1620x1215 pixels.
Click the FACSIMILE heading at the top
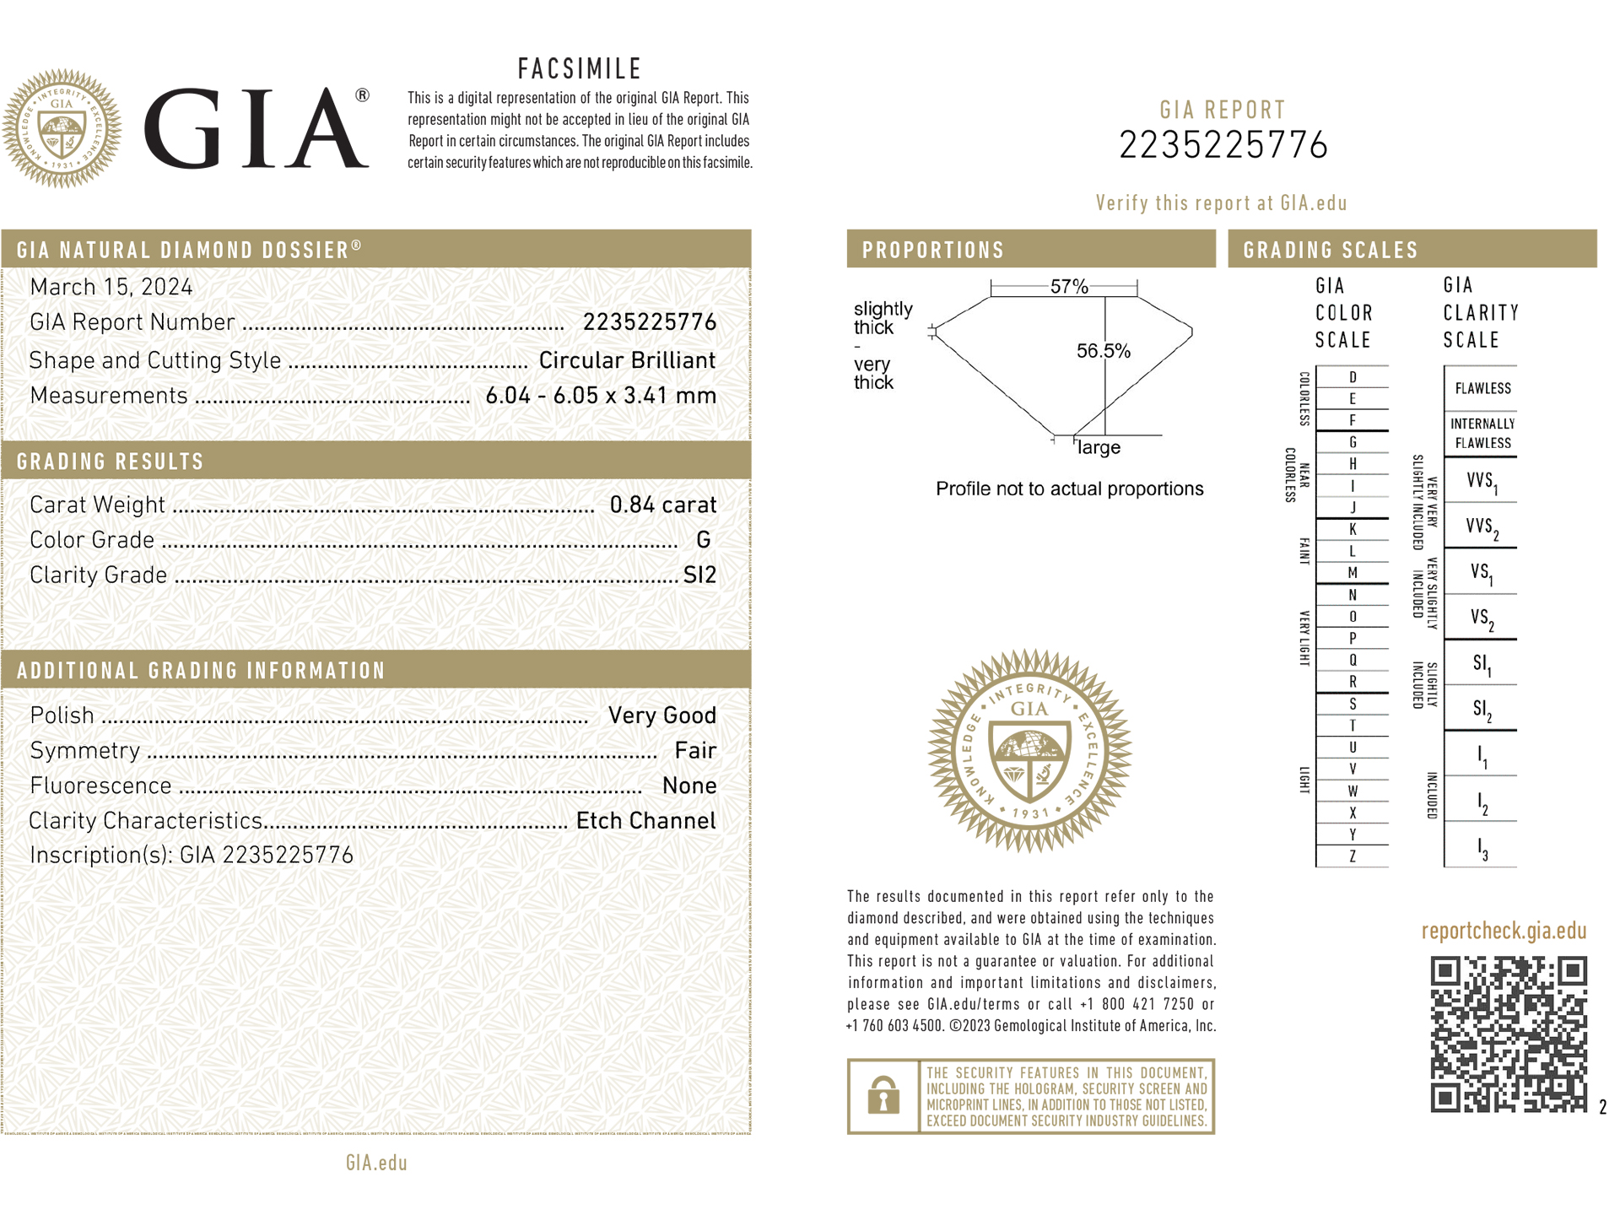click(580, 68)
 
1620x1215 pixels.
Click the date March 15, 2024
click(111, 287)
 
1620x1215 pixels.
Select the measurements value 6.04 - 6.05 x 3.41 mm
click(601, 396)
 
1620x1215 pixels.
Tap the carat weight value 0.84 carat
click(662, 505)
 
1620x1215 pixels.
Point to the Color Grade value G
click(703, 540)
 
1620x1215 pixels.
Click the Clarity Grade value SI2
click(699, 575)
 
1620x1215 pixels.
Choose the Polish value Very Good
click(662, 715)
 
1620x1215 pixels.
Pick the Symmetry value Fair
click(695, 751)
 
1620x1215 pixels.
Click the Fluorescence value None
click(689, 786)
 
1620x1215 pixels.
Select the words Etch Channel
click(645, 821)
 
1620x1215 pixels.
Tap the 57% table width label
click(1069, 287)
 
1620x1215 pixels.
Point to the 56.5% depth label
click(1104, 351)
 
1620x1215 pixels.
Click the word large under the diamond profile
click(1099, 448)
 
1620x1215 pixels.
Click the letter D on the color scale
click(1353, 377)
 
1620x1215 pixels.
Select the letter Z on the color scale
click(1353, 856)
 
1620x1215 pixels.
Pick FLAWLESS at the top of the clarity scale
click(1482, 389)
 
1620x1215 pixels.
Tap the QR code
click(1509, 1034)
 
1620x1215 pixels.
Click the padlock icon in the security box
click(883, 1095)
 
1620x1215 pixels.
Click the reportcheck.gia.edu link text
click(1504, 931)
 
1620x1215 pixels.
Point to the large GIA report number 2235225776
click(1223, 146)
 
